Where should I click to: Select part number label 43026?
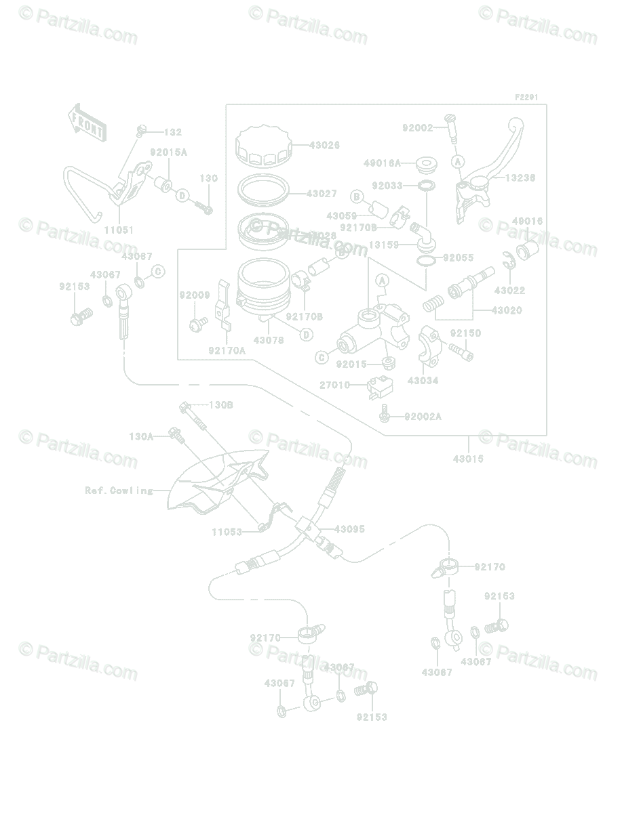tap(324, 145)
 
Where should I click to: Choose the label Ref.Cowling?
tap(119, 491)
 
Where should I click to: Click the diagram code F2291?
tap(526, 98)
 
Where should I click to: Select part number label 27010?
tap(335, 385)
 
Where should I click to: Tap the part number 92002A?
tap(423, 416)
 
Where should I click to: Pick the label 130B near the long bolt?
tap(220, 405)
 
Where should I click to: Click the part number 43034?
tap(423, 381)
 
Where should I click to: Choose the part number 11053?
tap(227, 532)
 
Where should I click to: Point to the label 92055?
tap(459, 258)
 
